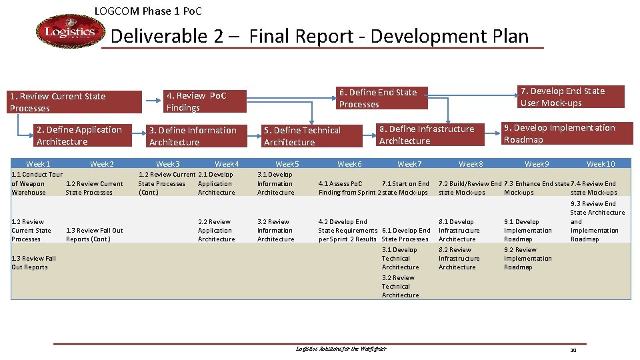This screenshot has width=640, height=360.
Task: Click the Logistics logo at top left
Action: point(70,32)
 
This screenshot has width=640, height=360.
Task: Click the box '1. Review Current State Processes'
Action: point(75,102)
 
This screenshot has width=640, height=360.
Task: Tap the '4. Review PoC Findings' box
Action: point(205,101)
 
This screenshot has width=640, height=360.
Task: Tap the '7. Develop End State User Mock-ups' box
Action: point(571,97)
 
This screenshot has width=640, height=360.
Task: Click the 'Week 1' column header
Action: point(38,164)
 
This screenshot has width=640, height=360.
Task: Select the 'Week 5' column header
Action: point(287,164)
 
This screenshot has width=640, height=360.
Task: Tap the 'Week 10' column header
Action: point(601,164)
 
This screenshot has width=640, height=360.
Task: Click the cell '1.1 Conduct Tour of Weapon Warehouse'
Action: point(37,183)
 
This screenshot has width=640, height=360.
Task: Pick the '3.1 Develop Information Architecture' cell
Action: point(275,183)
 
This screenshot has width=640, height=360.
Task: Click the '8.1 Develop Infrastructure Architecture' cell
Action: point(457,230)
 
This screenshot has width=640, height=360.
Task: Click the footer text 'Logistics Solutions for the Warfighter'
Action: point(341,349)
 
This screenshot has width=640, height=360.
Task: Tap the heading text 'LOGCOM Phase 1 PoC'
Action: point(148,11)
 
